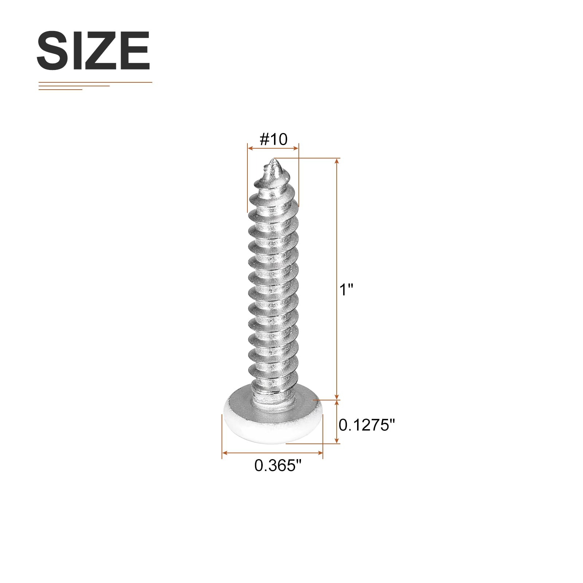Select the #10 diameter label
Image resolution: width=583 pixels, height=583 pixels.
[273, 139]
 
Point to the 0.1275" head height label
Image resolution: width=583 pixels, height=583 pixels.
[367, 425]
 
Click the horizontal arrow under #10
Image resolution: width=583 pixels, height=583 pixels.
[273, 148]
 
